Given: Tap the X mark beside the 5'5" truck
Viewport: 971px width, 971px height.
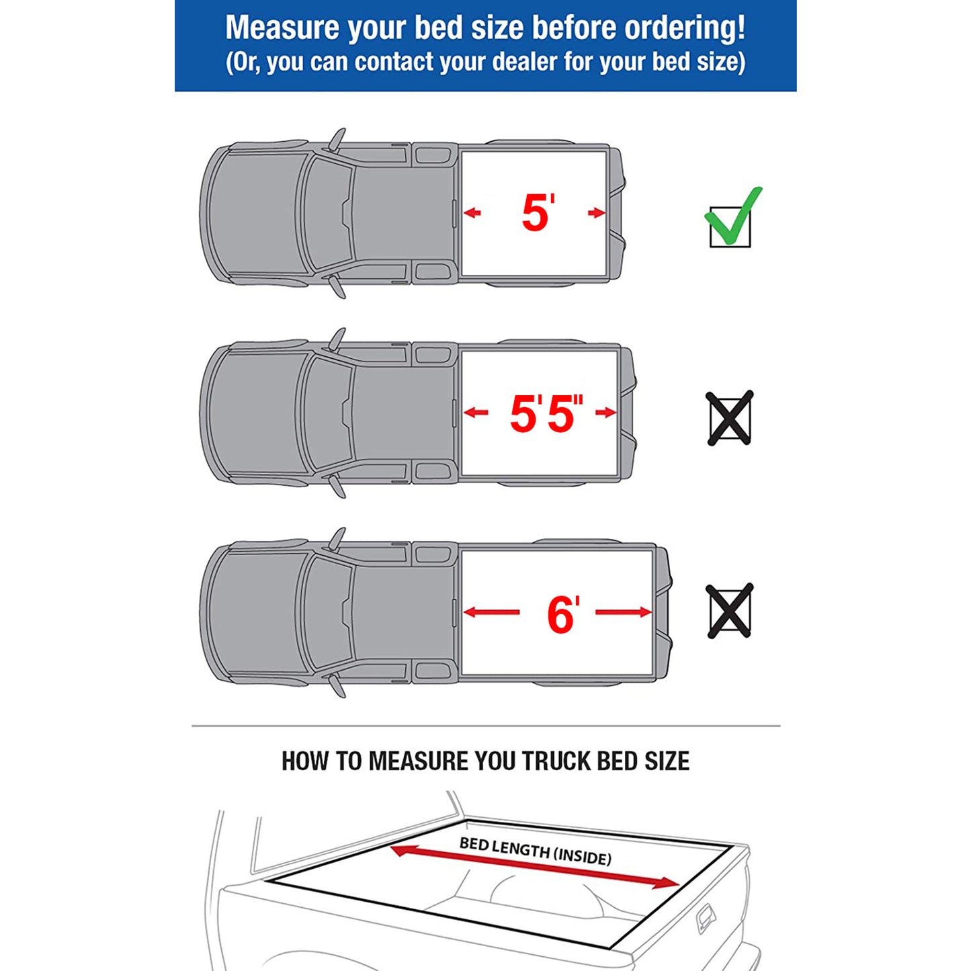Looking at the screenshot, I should tap(729, 418).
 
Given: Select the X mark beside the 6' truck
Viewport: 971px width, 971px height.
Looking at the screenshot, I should tap(729, 611).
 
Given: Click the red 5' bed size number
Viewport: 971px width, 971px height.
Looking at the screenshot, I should tap(537, 213).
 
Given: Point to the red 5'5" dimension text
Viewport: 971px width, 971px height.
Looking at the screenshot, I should tap(545, 413).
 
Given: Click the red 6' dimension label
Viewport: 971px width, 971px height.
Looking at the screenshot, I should tap(562, 614).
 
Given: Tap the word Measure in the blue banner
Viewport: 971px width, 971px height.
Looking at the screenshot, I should tap(282, 28).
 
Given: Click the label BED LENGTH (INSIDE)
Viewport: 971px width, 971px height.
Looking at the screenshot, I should tap(536, 851).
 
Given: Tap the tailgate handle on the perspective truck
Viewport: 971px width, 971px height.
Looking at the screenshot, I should tap(706, 917).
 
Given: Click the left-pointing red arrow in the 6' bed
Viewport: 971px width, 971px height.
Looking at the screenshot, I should tap(491, 612).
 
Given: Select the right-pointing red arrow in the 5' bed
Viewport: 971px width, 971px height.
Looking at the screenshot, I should tap(596, 214).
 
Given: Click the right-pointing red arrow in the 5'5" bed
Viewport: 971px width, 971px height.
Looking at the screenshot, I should tap(605, 413).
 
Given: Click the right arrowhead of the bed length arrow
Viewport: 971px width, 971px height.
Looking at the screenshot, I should tap(668, 883).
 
